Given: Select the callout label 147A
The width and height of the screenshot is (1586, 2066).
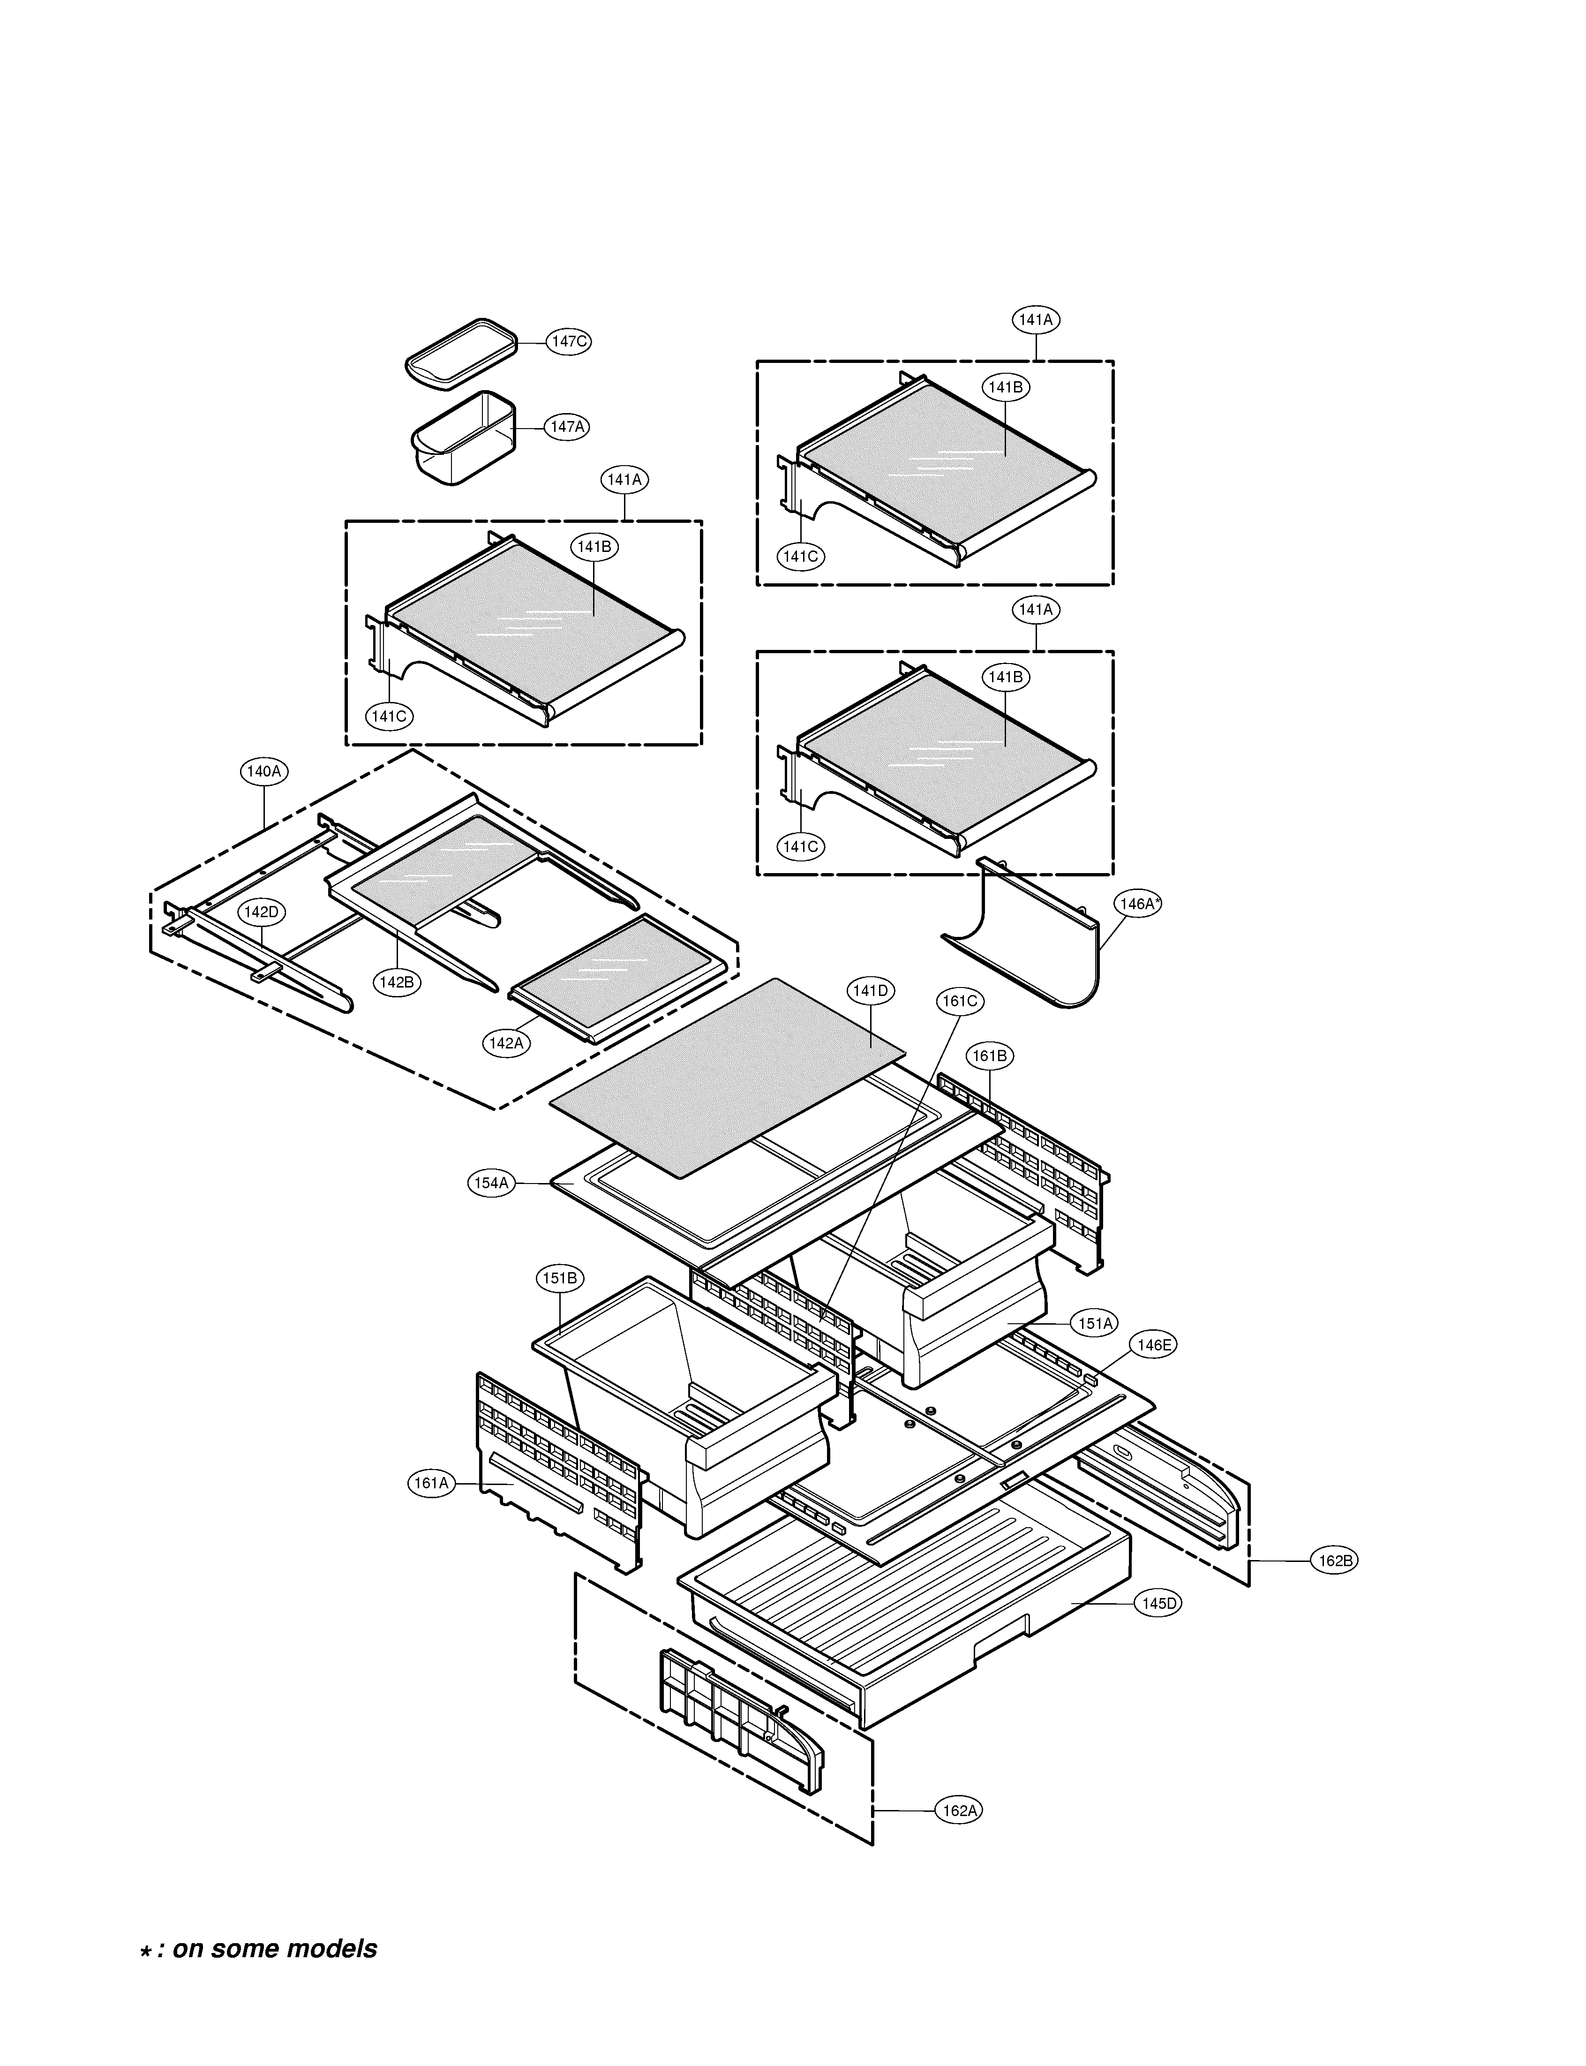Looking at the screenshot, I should coord(566,427).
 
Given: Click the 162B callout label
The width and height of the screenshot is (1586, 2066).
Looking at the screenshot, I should coord(1335,1561).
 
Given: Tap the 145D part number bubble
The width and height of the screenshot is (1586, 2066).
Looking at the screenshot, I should coord(1158,1603).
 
